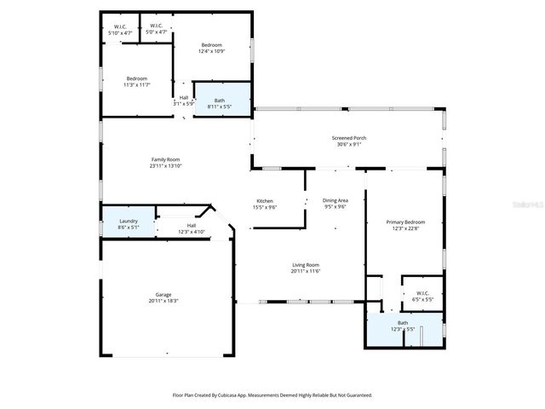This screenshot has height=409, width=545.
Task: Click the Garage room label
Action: (163, 294)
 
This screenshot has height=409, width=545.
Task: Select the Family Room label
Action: (166, 159)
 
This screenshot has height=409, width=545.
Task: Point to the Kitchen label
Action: (265, 201)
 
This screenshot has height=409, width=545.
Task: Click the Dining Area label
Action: (335, 201)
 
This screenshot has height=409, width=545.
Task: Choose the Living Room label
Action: (305, 265)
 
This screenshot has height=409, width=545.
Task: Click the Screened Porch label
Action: (349, 138)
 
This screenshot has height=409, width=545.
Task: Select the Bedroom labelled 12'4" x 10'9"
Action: (211, 44)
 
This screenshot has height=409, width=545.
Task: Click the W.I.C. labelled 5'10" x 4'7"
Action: (120, 26)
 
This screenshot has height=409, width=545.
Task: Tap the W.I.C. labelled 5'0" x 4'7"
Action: (156, 26)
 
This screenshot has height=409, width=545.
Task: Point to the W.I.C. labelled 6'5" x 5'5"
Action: (422, 293)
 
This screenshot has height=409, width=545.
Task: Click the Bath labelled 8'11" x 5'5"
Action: (220, 101)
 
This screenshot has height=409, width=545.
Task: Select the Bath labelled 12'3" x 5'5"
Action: (402, 322)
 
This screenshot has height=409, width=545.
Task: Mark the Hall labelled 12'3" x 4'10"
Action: (192, 226)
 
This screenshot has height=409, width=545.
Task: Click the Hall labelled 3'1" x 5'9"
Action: (184, 97)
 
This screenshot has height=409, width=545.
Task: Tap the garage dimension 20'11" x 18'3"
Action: (163, 301)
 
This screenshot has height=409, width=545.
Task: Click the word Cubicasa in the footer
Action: (232, 395)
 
